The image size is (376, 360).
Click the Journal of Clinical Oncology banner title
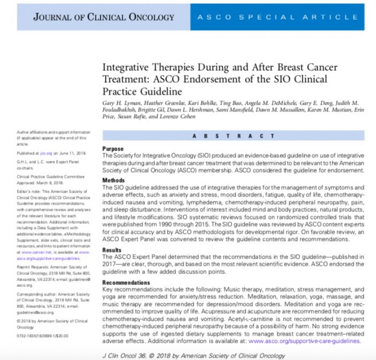coord(104,17)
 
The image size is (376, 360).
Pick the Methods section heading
coord(114,181)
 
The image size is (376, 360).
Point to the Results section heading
coord(113,250)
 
